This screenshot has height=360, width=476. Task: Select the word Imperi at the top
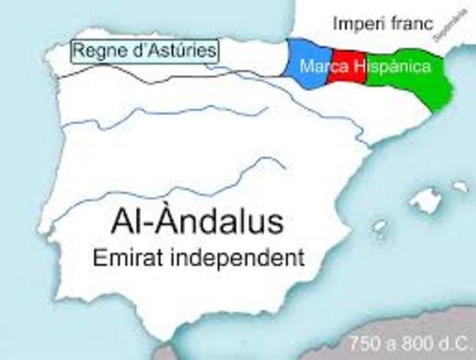(355, 23)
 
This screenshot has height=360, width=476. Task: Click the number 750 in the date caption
(365, 346)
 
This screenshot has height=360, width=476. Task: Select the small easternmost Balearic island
(460, 184)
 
